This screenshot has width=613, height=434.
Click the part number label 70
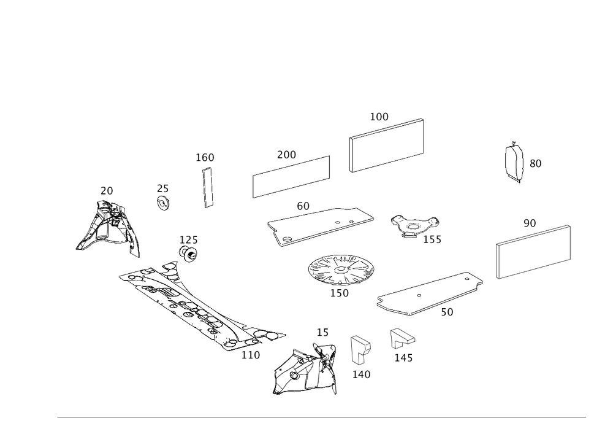coord(107,192)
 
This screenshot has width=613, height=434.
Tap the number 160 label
coord(205,157)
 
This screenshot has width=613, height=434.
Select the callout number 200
coord(286,155)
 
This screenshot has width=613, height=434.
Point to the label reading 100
coord(379,116)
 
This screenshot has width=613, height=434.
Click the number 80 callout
coord(535,164)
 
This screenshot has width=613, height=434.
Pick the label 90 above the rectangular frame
coord(530,223)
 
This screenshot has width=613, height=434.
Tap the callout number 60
coord(302,207)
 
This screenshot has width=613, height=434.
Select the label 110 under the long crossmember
coord(251,354)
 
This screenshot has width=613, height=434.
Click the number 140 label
coord(361,374)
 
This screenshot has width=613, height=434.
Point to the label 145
coord(403,357)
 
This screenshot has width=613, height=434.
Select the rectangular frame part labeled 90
coord(533,252)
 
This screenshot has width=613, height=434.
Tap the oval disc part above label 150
coord(341,269)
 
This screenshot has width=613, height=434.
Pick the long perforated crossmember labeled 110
coord(196,304)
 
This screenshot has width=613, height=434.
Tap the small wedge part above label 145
coord(402,337)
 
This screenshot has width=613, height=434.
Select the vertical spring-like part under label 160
coord(208,185)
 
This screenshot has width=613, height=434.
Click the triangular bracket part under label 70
coord(108,227)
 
